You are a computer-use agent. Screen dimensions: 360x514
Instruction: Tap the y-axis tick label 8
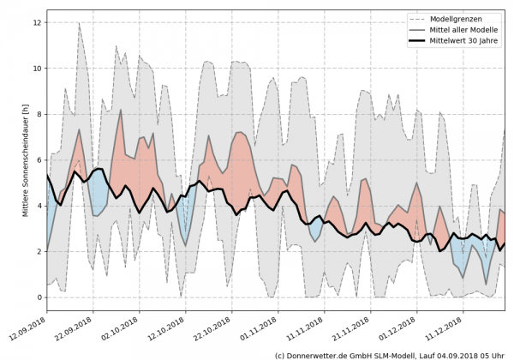[38, 114]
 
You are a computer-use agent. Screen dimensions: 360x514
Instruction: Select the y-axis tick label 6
[38, 159]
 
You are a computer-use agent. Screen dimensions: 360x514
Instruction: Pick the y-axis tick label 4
[38, 206]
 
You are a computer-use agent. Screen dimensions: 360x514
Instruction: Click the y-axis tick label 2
[38, 251]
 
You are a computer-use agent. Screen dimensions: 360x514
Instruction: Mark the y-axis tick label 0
[38, 297]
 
